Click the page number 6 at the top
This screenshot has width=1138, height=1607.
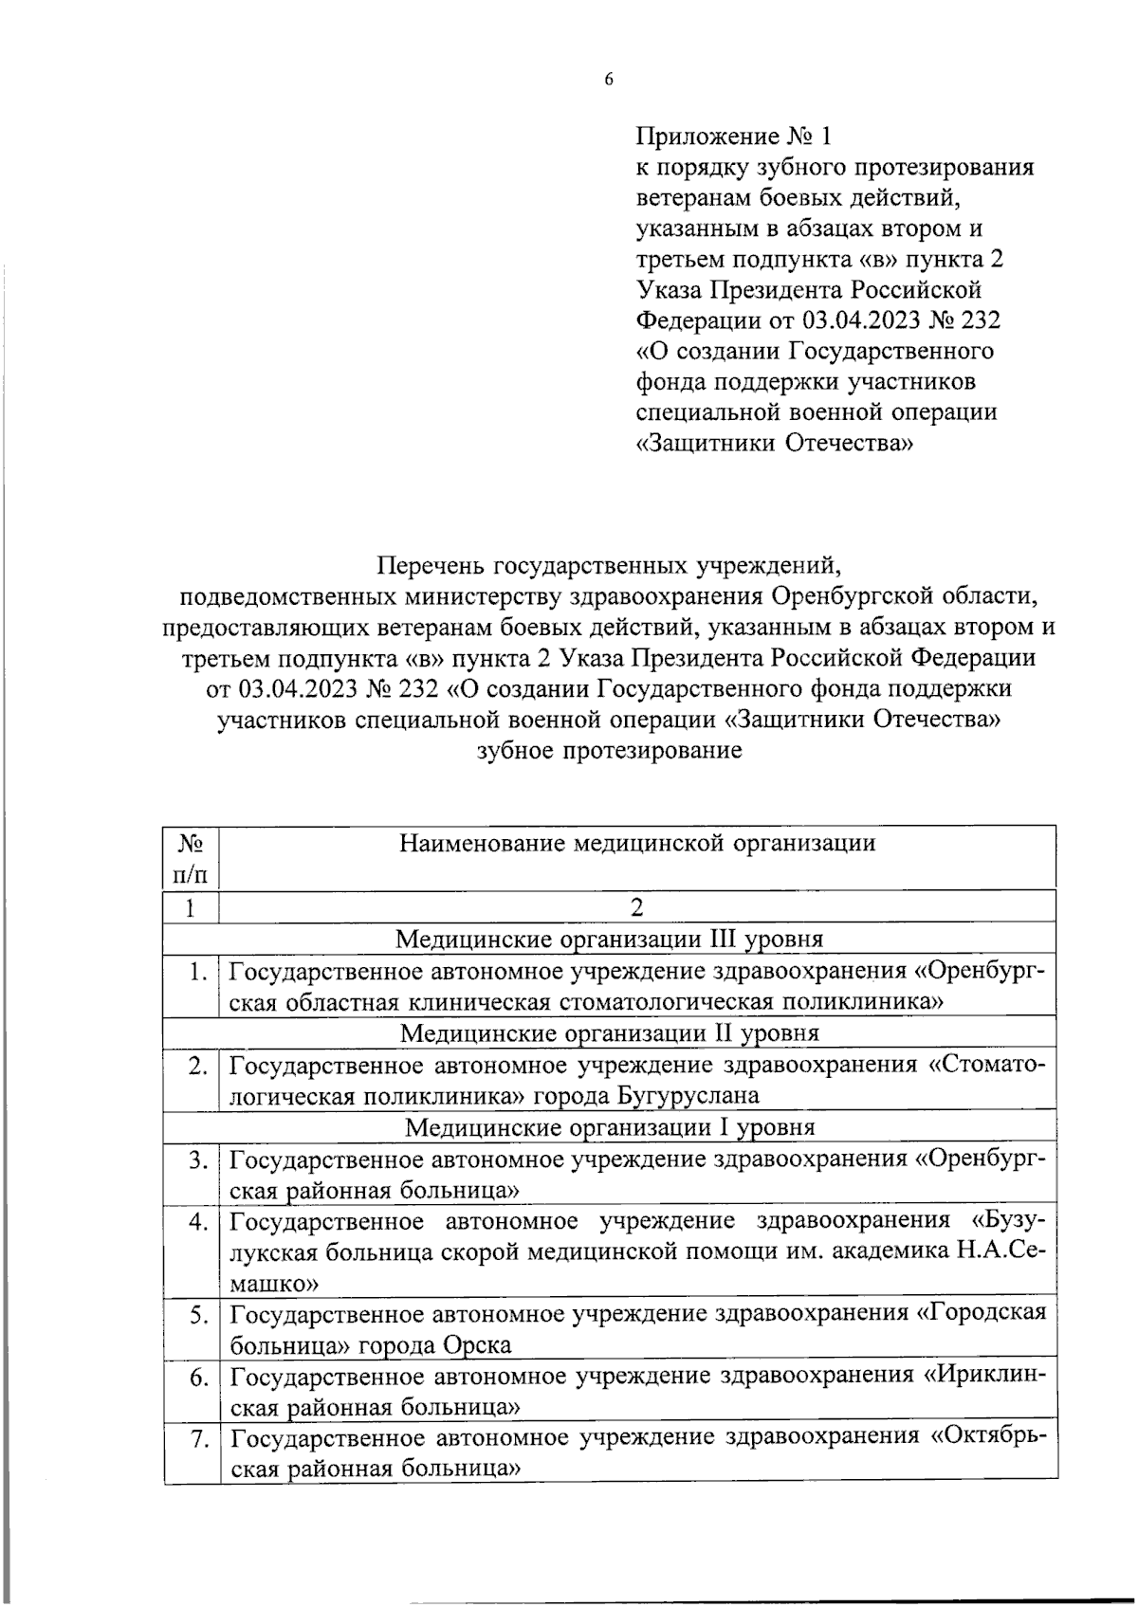click(609, 80)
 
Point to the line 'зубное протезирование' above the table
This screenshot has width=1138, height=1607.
click(608, 751)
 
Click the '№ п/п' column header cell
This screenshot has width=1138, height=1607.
click(191, 856)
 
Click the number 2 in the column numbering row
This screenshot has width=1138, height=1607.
click(637, 907)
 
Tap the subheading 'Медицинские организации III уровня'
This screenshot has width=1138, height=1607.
click(609, 939)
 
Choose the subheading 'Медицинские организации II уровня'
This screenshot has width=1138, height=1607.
click(609, 1032)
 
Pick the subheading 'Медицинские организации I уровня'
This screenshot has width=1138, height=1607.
click(609, 1127)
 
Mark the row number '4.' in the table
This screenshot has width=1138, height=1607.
click(197, 1222)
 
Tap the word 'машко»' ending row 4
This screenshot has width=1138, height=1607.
click(274, 1284)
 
